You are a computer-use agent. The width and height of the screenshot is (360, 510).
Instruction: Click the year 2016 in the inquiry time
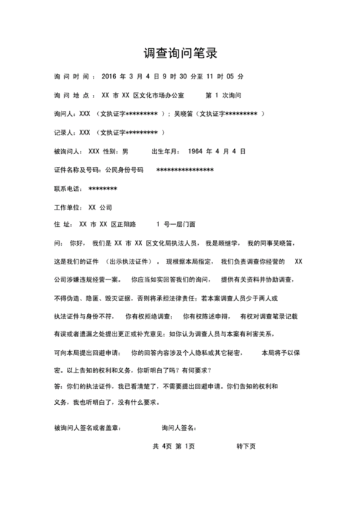pos(109,76)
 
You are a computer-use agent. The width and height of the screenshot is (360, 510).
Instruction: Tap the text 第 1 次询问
pos(222,94)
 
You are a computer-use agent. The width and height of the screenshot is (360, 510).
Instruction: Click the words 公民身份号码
pos(125,170)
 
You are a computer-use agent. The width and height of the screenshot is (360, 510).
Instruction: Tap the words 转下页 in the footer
pos(246,447)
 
